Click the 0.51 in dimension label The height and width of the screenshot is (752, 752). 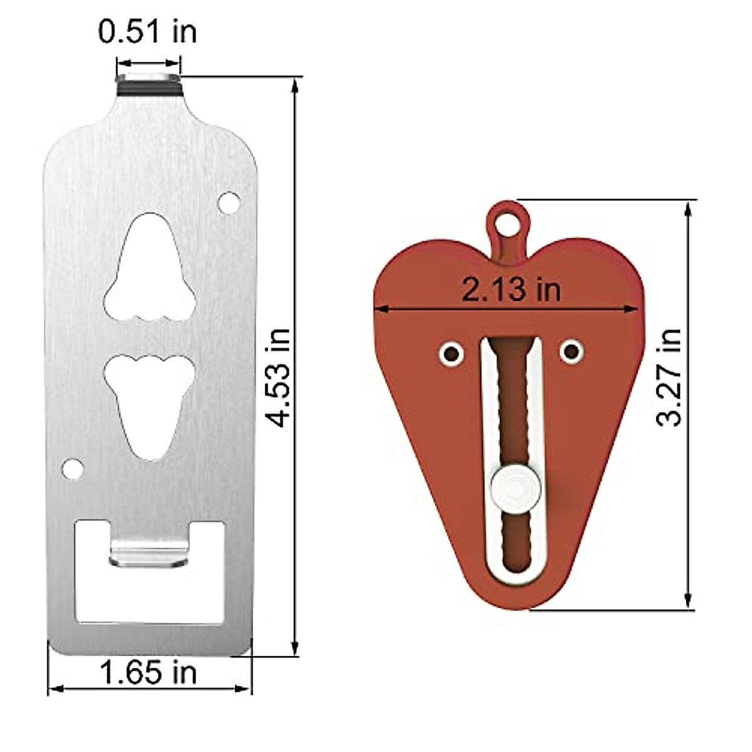click(147, 31)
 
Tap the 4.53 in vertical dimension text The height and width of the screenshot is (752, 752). click(276, 377)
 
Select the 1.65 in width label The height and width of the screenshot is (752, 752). click(149, 674)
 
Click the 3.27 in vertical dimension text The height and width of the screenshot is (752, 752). click(669, 377)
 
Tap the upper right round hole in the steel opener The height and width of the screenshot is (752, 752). click(228, 202)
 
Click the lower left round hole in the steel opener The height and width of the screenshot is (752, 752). click(73, 468)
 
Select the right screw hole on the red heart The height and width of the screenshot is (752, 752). click(572, 353)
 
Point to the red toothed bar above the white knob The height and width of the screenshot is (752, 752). click(510, 401)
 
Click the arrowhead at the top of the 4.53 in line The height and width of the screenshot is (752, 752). click(295, 85)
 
